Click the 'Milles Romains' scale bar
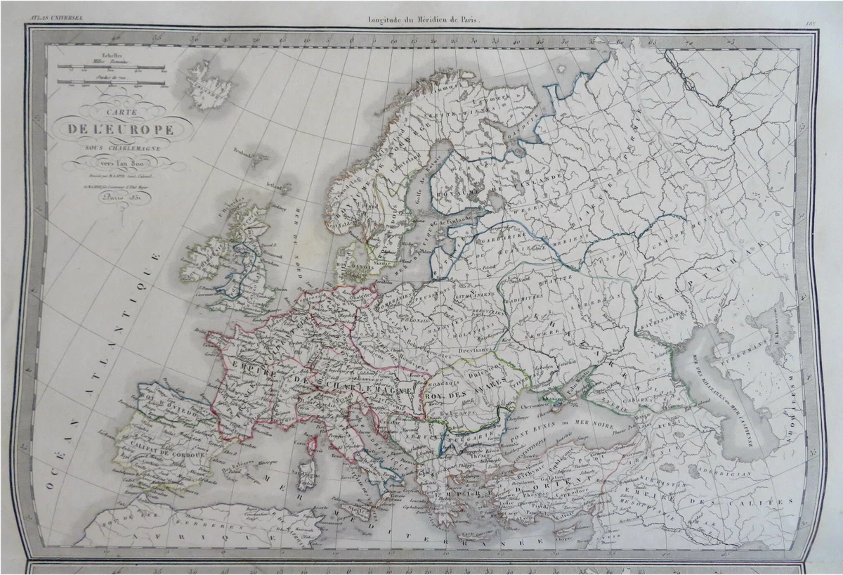[111, 67]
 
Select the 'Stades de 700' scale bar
[111, 82]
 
